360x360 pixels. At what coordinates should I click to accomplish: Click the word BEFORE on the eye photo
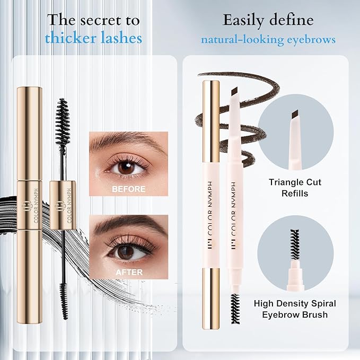pyautogui.click(x=128, y=189)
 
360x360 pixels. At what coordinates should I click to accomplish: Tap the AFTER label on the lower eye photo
pyautogui.click(x=129, y=273)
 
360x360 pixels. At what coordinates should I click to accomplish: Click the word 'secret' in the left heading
pyautogui.click(x=101, y=20)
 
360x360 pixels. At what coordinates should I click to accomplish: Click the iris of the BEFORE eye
pyautogui.click(x=127, y=168)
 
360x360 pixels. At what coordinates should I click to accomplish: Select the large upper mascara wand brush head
pyautogui.click(x=63, y=122)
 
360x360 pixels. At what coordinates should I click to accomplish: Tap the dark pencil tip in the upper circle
pyautogui.click(x=296, y=115)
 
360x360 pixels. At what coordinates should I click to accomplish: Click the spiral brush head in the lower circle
pyautogui.click(x=295, y=244)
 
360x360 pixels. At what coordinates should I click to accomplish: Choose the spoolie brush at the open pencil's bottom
pyautogui.click(x=235, y=308)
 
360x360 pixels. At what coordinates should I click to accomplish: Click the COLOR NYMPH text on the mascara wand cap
pyautogui.click(x=69, y=206)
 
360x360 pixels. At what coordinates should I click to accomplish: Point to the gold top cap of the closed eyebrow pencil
pyautogui.click(x=211, y=121)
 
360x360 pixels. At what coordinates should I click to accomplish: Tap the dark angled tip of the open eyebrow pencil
pyautogui.click(x=234, y=92)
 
